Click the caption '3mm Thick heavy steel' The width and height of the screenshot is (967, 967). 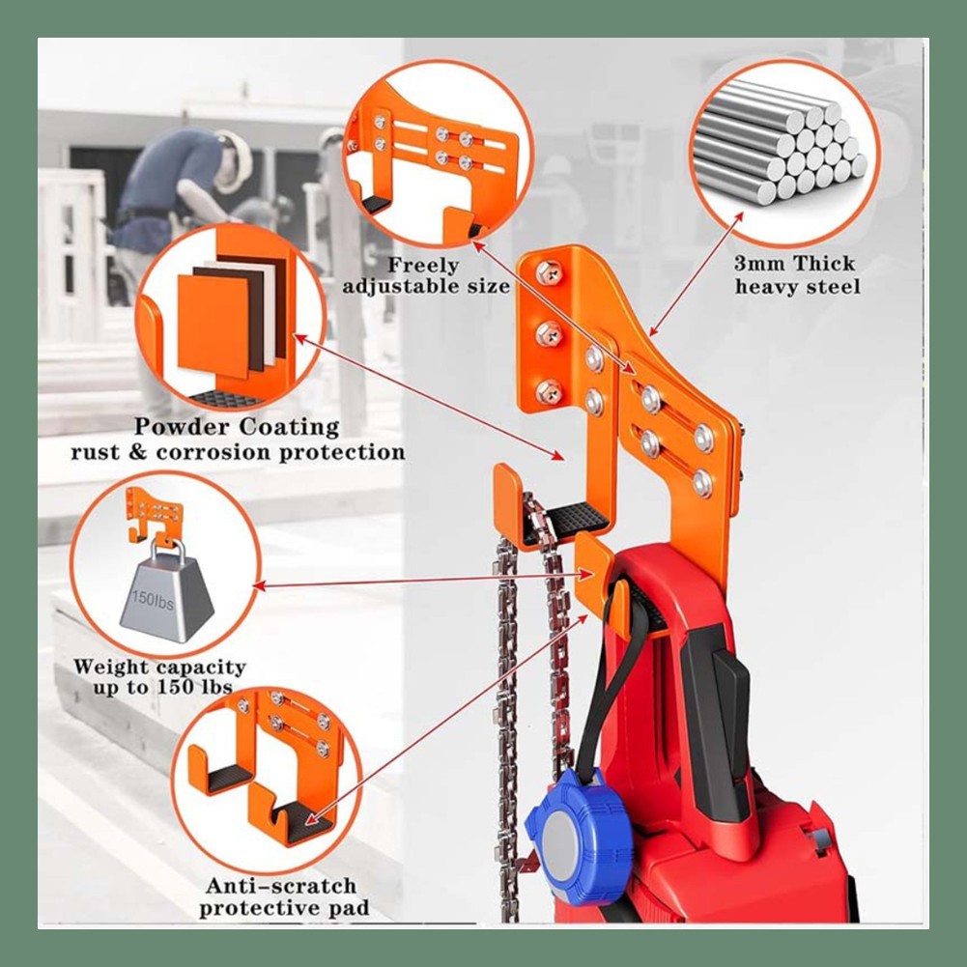795,275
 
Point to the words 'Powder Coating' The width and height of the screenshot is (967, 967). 237,427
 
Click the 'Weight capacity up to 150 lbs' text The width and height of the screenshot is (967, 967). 159,676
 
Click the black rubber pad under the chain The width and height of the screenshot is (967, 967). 572,517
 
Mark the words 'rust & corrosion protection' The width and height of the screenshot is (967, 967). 237,452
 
